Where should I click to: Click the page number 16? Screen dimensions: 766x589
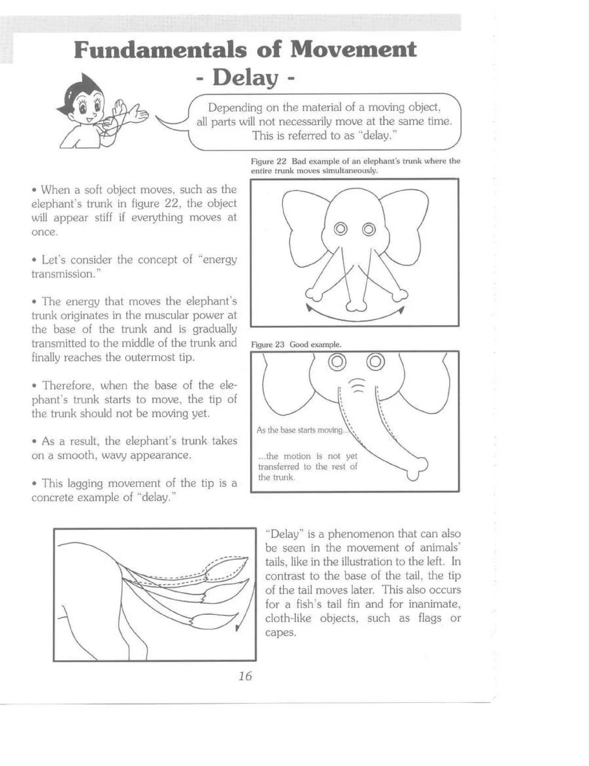tap(245, 676)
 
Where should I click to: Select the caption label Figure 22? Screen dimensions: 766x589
tap(269, 162)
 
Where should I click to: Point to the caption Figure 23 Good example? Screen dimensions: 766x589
tap(296, 344)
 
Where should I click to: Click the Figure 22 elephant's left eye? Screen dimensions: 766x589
tap(341, 228)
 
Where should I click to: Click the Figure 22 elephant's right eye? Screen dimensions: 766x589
tap(369, 228)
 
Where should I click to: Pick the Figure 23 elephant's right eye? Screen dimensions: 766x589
tap(375, 362)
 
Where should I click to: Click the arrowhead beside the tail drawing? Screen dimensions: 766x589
tap(238, 628)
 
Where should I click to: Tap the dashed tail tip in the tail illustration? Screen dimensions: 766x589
tap(228, 569)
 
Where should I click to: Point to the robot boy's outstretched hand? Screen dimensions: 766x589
tap(138, 112)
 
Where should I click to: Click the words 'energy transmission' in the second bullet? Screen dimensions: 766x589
tap(133, 267)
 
